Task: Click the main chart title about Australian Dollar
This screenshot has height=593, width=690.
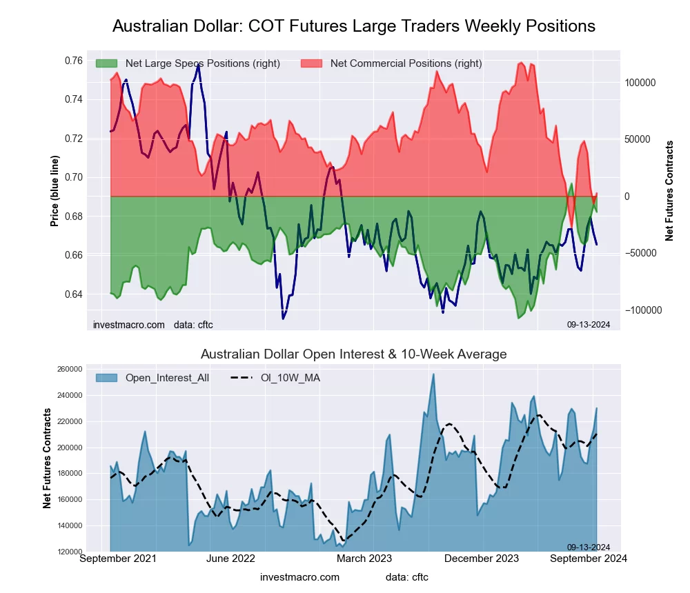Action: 353,26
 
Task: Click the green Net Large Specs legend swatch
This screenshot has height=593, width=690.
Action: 107,63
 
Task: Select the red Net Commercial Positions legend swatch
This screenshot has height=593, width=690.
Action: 313,63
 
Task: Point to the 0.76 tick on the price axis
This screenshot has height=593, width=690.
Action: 72,61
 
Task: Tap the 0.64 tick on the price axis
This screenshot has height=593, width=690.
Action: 72,294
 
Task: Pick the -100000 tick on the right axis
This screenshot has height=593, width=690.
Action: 643,310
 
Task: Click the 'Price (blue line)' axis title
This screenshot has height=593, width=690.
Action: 55,191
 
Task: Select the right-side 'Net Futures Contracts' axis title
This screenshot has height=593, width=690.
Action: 669,191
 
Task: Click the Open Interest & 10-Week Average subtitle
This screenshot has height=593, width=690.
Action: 353,354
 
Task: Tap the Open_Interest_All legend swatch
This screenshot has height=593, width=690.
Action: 107,378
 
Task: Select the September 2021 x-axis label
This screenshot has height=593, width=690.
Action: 118,559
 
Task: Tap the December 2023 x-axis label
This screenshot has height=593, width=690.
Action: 483,559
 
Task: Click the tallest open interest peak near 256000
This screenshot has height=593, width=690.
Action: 433,374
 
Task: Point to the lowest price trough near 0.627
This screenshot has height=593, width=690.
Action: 283,319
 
